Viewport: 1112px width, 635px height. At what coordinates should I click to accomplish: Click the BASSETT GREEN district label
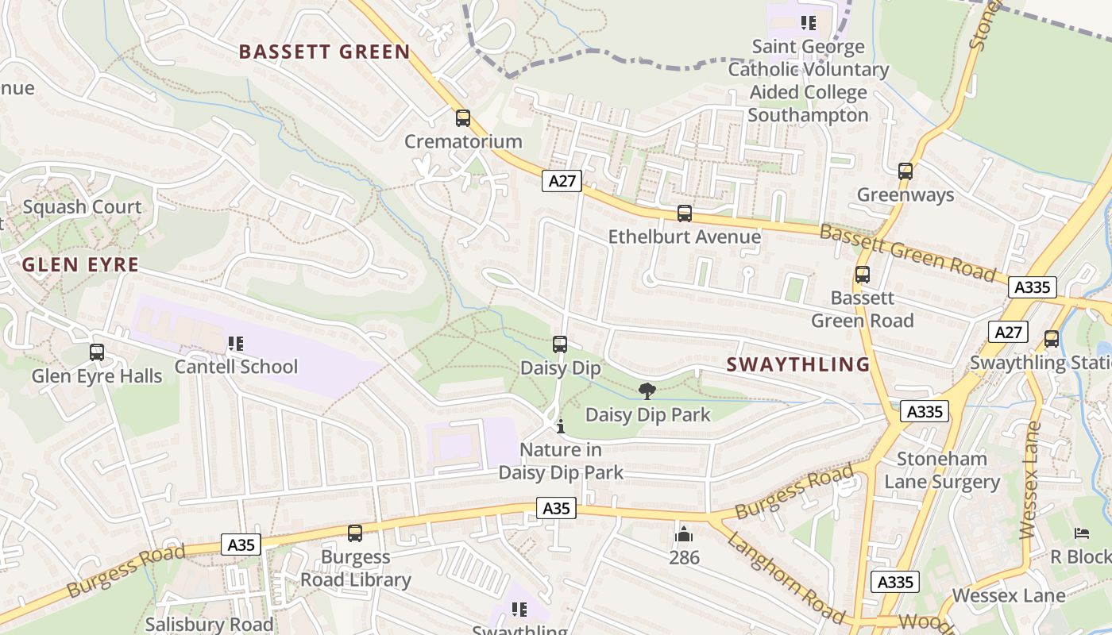coord(324,52)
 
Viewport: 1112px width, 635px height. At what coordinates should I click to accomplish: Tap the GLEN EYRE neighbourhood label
coord(80,265)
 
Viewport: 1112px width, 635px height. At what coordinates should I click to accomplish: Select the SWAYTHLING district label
coord(798,364)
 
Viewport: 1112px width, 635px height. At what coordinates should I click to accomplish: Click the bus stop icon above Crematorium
coord(463,118)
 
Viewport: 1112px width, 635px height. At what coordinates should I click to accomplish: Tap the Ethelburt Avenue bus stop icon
coord(684,214)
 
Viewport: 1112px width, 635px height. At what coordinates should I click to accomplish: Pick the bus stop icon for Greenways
coord(905,171)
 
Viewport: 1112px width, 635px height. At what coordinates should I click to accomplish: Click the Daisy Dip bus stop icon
coord(560,344)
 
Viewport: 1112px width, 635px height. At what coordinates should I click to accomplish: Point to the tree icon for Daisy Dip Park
coord(647,391)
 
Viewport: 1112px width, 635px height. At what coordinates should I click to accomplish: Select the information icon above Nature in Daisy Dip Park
coord(561,426)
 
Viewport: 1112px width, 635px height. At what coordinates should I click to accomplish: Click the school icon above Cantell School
coord(235,344)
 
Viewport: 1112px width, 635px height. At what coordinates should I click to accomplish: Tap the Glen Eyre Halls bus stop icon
coord(97,352)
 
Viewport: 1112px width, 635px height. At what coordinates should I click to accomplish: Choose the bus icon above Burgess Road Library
coord(355,533)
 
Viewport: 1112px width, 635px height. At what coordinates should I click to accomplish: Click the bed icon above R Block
coord(1081,533)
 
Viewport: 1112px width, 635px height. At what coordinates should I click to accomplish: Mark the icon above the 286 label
coord(683,534)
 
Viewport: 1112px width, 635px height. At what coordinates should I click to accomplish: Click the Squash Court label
coord(82,207)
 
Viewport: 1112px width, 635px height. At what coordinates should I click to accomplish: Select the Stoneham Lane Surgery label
coord(942,470)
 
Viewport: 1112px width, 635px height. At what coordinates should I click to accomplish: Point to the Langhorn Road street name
coord(785,576)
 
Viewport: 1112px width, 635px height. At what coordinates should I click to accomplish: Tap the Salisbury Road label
coord(209,625)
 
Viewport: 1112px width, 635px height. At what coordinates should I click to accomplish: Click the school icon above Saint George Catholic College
coord(809,23)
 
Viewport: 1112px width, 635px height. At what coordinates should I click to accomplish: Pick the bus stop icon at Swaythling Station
coord(1052,339)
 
